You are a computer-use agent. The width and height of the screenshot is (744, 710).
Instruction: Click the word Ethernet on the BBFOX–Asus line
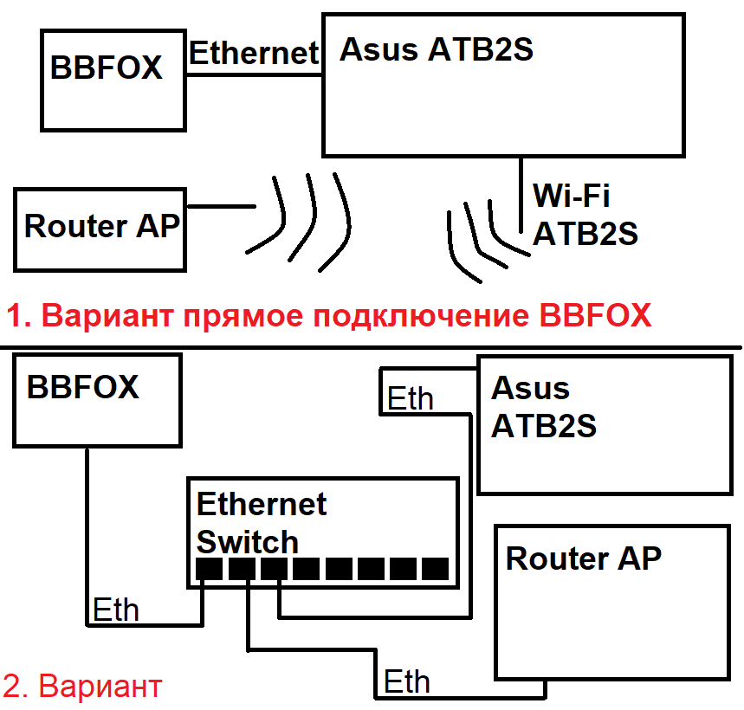tap(254, 54)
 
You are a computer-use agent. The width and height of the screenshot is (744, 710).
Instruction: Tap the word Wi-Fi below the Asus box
tap(571, 196)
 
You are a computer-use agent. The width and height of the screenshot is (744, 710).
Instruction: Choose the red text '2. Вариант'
tap(82, 687)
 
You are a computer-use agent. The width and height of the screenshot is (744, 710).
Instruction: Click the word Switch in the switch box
tap(248, 542)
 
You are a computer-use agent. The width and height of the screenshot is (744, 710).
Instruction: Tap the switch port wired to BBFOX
tap(210, 569)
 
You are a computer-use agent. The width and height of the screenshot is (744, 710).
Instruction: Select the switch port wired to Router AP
tap(243, 569)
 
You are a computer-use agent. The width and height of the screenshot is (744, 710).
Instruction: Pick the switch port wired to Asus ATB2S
tap(275, 569)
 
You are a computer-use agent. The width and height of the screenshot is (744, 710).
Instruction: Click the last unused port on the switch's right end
tap(435, 569)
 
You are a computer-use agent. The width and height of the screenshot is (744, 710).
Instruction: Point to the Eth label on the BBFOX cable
tap(115, 610)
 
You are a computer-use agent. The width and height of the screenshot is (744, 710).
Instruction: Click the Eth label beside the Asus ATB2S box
tap(410, 399)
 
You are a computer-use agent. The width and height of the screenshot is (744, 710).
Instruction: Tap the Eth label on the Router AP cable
tap(406, 681)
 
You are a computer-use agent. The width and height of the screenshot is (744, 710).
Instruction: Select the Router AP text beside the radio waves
tap(101, 226)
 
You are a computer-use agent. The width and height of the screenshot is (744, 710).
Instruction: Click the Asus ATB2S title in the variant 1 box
tap(436, 50)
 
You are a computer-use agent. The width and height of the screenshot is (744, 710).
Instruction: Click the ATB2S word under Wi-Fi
tap(585, 234)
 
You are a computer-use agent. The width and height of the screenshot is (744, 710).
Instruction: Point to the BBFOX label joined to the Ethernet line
tap(107, 68)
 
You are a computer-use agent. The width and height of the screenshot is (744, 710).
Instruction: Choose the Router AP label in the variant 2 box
tap(583, 558)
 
